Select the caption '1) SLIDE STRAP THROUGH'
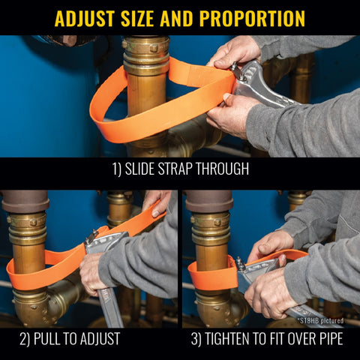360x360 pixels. (x=180, y=169)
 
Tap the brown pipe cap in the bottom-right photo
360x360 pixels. (x=207, y=201)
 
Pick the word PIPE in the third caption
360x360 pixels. (x=325, y=338)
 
